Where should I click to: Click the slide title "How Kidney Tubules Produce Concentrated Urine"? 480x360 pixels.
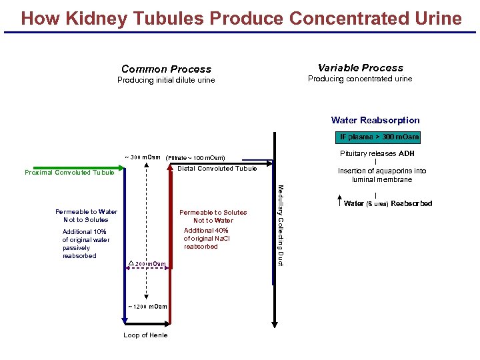[241, 18]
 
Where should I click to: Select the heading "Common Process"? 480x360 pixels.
[166, 69]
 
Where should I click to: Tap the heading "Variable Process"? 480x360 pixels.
[360, 68]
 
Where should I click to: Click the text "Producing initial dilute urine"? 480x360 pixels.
[166, 81]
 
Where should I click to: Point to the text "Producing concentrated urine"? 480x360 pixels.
[360, 79]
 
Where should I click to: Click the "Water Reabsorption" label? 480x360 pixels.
[375, 121]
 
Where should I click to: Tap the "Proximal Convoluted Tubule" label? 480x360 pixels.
[69, 173]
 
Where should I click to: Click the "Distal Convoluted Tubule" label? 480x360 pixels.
[217, 169]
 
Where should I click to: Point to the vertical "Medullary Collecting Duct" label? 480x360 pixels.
[281, 225]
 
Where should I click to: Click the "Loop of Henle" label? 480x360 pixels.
[145, 335]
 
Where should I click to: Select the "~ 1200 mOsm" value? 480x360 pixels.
[147, 307]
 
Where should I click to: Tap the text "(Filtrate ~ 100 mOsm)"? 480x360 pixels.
[195, 158]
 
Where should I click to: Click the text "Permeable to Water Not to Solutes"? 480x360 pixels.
[86, 216]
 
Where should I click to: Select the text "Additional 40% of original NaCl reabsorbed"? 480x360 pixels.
[206, 238]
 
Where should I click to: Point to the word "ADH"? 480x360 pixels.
[407, 153]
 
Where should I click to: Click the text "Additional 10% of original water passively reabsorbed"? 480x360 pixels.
[85, 244]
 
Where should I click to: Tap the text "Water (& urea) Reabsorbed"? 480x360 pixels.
[387, 203]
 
